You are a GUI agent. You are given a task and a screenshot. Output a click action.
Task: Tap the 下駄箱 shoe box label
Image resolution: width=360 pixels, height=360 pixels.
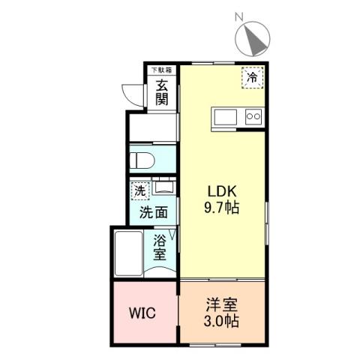[x=161, y=70]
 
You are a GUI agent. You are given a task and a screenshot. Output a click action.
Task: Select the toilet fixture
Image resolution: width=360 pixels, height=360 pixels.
[x=143, y=161]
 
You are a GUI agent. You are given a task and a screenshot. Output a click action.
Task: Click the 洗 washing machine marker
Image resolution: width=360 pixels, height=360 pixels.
[x=139, y=191]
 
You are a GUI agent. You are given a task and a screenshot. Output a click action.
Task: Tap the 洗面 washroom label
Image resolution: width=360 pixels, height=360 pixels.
[x=153, y=213]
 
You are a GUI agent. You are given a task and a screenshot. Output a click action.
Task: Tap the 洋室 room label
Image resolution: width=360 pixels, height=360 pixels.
[x=221, y=305]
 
